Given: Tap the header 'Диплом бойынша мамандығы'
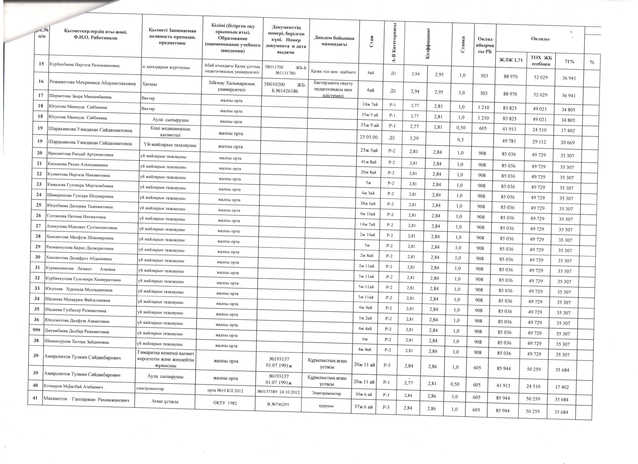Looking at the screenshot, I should (334, 41).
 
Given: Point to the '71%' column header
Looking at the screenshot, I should (569, 61).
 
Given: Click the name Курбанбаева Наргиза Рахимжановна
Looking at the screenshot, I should (84, 65).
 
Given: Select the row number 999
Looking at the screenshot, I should (37, 330).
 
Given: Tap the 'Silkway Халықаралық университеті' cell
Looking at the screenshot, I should (232, 86).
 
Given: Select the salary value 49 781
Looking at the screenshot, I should (509, 141).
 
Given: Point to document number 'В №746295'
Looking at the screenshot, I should (278, 404).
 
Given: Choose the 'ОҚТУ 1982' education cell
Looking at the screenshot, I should (225, 403).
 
